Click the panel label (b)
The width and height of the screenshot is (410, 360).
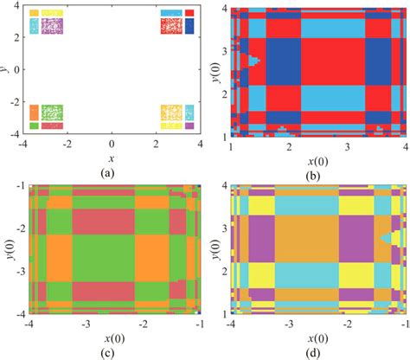[x=317, y=171]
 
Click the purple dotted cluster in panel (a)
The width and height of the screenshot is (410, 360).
[x=53, y=26]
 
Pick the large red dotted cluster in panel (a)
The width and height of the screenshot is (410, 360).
[x=170, y=26]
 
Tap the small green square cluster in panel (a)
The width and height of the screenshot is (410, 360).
[x=34, y=126]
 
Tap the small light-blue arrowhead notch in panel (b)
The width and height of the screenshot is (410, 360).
[x=253, y=61]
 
